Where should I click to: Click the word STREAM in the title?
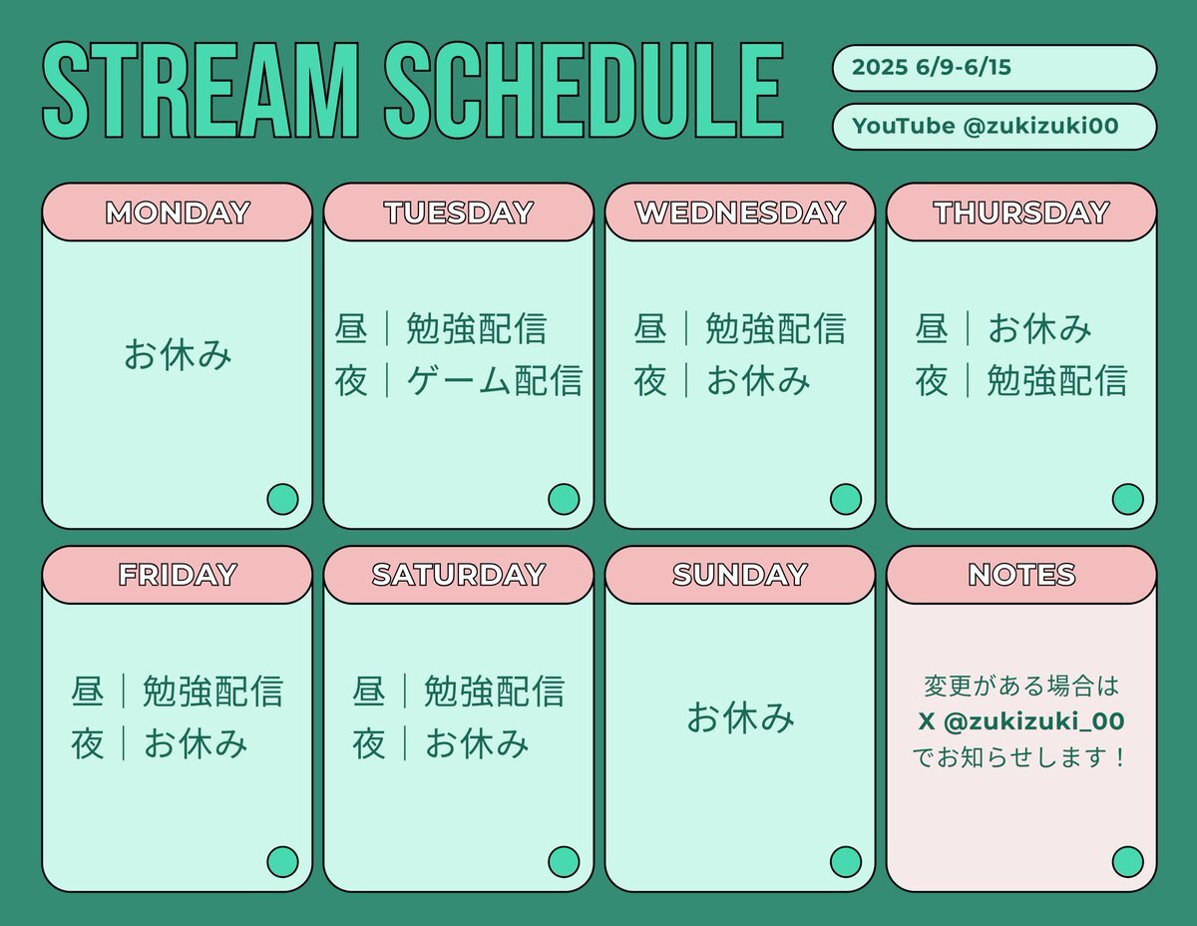pyautogui.click(x=200, y=90)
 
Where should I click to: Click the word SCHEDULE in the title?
pyautogui.click(x=584, y=90)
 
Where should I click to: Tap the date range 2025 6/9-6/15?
pyautogui.click(x=932, y=67)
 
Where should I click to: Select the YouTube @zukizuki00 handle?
pyautogui.click(x=986, y=126)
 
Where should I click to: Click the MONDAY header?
pyautogui.click(x=178, y=213)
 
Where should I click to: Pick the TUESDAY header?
pyautogui.click(x=459, y=213)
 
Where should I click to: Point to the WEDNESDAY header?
pyautogui.click(x=740, y=213)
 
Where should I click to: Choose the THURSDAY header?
pyautogui.click(x=1021, y=213)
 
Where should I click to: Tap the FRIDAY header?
pyautogui.click(x=178, y=575)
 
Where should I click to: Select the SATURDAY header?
pyautogui.click(x=459, y=575)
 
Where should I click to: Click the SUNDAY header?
pyautogui.click(x=740, y=575)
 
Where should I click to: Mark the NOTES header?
pyautogui.click(x=1021, y=575)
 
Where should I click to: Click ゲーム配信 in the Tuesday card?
pyautogui.click(x=494, y=380)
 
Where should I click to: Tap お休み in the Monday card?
pyautogui.click(x=178, y=354)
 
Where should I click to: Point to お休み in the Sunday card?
pyautogui.click(x=740, y=717)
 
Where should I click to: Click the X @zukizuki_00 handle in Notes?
pyautogui.click(x=1021, y=721)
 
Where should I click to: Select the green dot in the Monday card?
pyautogui.click(x=282, y=499)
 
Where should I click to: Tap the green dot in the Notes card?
pyautogui.click(x=1127, y=861)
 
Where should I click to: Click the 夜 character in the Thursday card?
pyautogui.click(x=932, y=380)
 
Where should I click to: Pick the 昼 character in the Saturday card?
pyautogui.click(x=368, y=692)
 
